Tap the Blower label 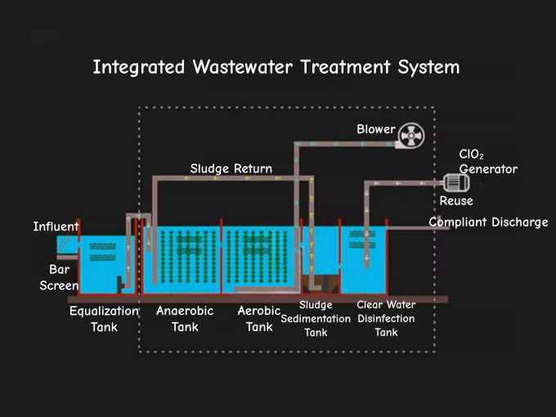point(375,129)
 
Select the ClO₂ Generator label point(487,162)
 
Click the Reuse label point(455,201)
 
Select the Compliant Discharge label point(488,222)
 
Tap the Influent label point(56,226)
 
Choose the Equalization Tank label point(104,319)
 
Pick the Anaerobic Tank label point(185,319)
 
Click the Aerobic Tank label point(259,319)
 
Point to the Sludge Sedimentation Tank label point(316,319)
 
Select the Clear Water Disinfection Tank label point(386,319)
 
